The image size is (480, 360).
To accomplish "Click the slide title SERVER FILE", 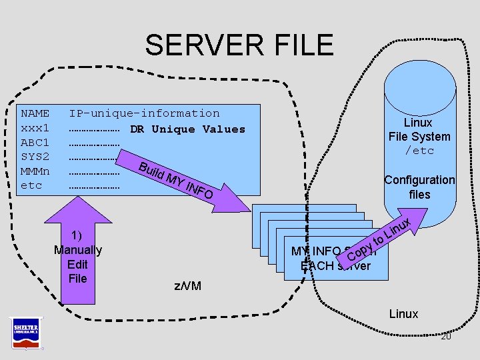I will coord(239,45).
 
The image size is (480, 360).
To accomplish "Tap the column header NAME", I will coord(35,113).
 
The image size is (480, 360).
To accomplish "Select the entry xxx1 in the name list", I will coord(35,128).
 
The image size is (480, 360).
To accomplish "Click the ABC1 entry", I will coord(35,143).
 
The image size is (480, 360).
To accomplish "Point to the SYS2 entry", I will coord(35,157).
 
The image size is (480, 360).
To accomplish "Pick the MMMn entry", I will coord(35,171).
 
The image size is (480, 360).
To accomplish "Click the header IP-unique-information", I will coord(144,113).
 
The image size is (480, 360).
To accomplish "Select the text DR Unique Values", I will coord(187,129).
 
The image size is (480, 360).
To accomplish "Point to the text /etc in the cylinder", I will coord(419,151).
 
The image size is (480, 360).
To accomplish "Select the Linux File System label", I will coord(419,129).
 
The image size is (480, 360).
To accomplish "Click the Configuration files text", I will coord(419,187).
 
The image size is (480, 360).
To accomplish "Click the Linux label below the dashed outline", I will coord(403,313).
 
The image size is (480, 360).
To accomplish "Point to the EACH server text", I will coord(335,266).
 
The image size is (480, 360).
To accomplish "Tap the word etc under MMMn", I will coord(31,185).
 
